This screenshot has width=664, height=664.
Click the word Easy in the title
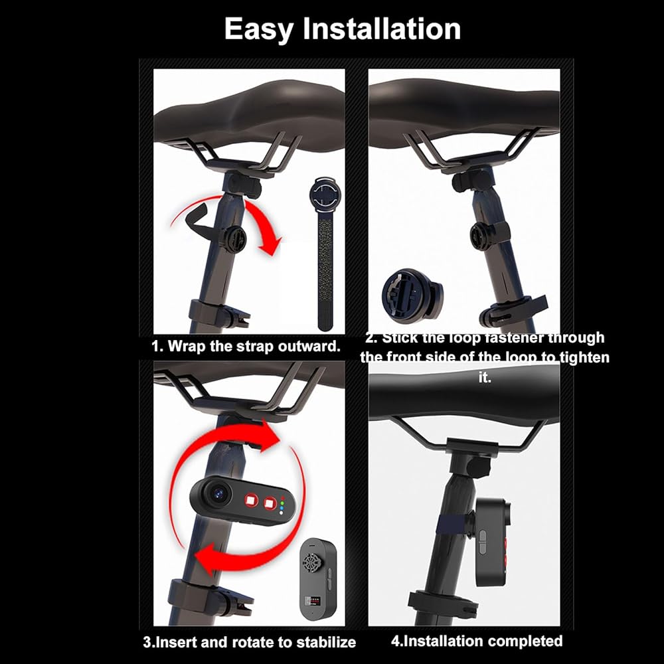258,30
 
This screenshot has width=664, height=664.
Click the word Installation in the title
382,29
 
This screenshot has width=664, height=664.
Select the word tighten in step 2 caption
585,357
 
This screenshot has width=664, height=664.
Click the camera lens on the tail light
220,493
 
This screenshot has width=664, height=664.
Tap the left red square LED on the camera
251,500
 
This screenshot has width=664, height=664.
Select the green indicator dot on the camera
282,503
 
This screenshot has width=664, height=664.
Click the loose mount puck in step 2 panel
412,294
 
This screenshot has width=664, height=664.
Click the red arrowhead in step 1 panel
271,247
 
